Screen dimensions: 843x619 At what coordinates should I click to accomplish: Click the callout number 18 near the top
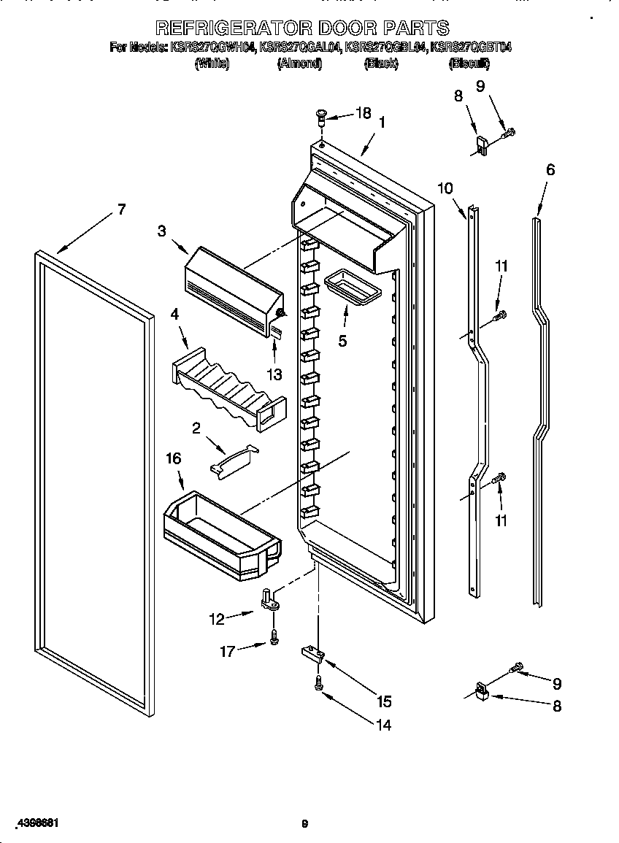[363, 113]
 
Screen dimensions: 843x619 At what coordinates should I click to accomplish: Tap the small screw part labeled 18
[321, 115]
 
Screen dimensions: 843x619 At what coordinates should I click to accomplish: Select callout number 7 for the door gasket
[120, 210]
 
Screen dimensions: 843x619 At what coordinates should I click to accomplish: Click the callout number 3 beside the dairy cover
[162, 231]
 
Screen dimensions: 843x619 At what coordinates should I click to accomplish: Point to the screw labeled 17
[274, 638]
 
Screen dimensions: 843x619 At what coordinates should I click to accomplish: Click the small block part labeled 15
[311, 653]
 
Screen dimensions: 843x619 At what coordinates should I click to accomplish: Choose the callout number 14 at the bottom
[383, 725]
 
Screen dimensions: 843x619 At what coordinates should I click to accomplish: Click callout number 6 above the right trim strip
[550, 170]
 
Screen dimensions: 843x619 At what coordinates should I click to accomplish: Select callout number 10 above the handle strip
[445, 188]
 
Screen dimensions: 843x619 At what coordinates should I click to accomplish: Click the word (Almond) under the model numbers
[299, 63]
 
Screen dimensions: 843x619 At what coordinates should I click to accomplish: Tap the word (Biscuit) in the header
[469, 63]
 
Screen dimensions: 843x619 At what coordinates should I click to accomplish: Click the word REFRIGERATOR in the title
[233, 28]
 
